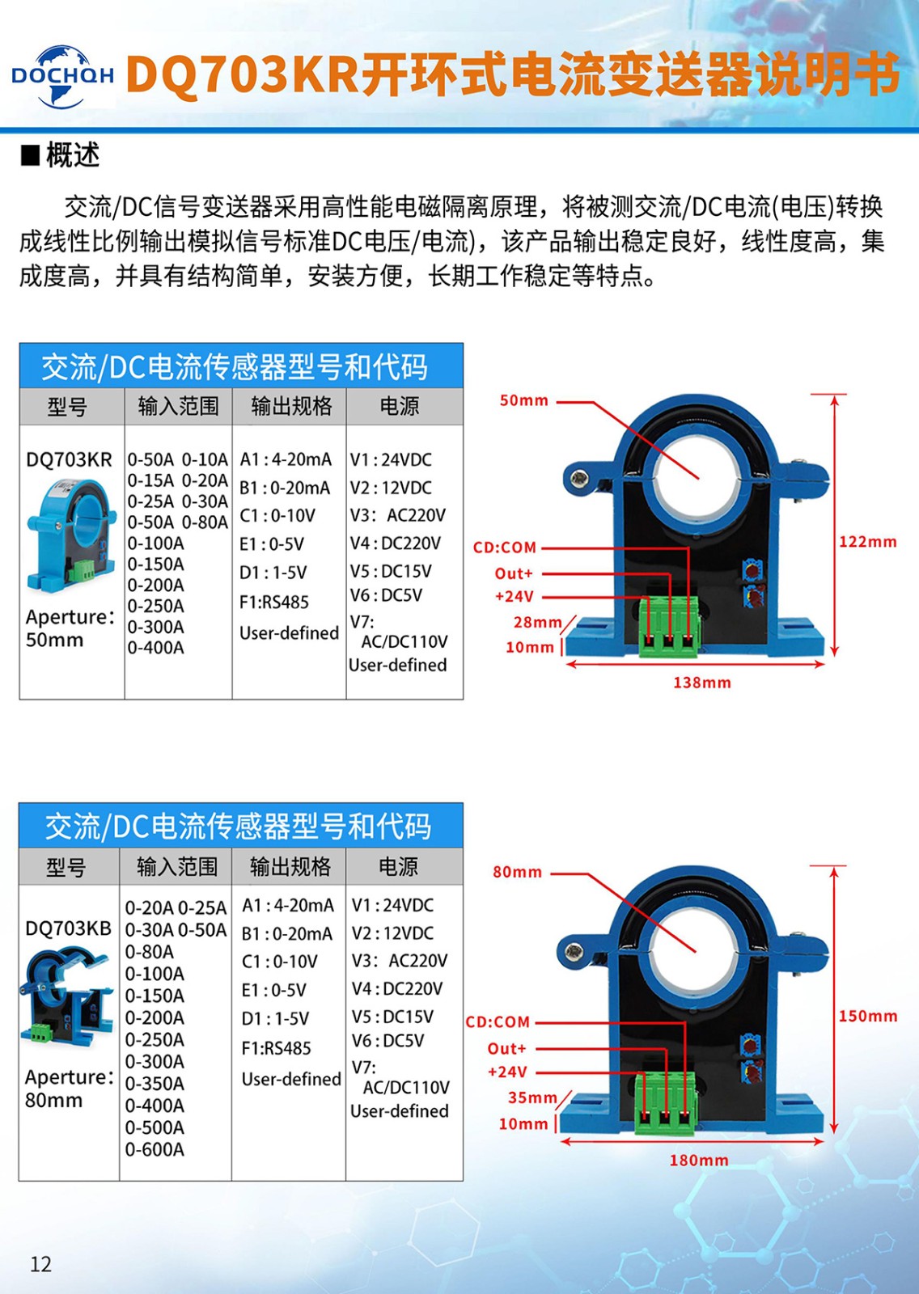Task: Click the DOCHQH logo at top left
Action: pyautogui.click(x=62, y=76)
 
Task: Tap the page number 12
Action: pyautogui.click(x=40, y=1264)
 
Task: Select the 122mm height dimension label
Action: pyautogui.click(x=867, y=542)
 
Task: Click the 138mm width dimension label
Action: pyautogui.click(x=701, y=683)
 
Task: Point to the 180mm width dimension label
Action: pyautogui.click(x=698, y=1161)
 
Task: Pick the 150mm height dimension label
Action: pyautogui.click(x=867, y=1017)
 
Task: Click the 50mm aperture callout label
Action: pyautogui.click(x=523, y=401)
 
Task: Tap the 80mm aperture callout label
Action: pyautogui.click(x=517, y=873)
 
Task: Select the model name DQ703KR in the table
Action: pyautogui.click(x=69, y=460)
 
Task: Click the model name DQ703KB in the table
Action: pyautogui.click(x=68, y=928)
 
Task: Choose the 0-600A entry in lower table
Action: pyautogui.click(x=155, y=1149)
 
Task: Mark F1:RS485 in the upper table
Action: pyautogui.click(x=274, y=603)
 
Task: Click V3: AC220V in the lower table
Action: pyautogui.click(x=399, y=961)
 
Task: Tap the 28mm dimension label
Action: pyautogui.click(x=536, y=622)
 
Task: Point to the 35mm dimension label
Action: pyautogui.click(x=531, y=1097)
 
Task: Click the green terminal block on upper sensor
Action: pyautogui.click(x=668, y=627)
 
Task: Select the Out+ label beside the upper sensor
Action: pyautogui.click(x=514, y=573)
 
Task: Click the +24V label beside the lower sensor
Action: pyautogui.click(x=507, y=1072)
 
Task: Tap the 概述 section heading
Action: pyautogui.click(x=72, y=154)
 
